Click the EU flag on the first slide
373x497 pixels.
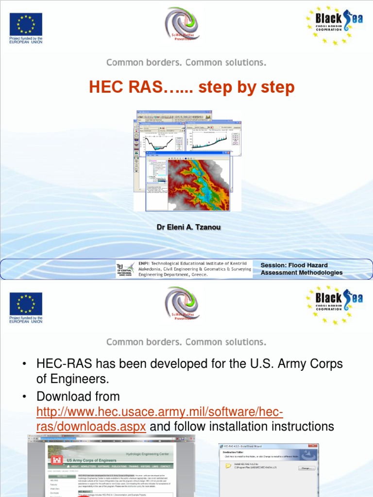(x=26, y=24)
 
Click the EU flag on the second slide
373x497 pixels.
(x=26, y=304)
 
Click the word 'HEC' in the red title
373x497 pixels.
(x=105, y=87)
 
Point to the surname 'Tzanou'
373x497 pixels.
(x=197, y=227)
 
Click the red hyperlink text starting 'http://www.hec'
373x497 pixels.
(x=160, y=412)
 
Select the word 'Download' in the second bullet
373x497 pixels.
(x=65, y=397)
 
